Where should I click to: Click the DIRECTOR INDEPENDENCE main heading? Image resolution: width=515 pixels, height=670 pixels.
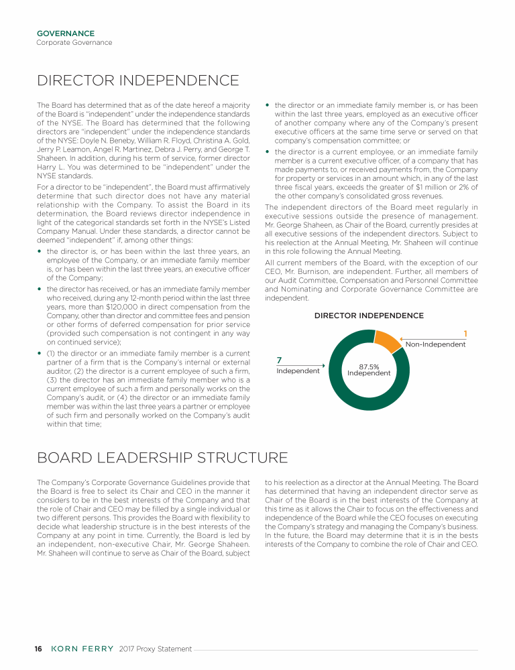coord(138,81)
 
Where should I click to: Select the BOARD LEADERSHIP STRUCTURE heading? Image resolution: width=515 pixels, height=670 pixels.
coord(162,458)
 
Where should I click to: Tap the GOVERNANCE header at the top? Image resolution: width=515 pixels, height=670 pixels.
coord(65,33)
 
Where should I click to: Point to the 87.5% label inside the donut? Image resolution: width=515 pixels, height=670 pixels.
coord(369,366)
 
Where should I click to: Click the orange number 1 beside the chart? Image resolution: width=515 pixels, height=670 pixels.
coord(465,334)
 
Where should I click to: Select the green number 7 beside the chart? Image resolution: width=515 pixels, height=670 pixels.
coord(279,361)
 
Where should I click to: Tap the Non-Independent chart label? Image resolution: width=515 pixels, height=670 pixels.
coord(436,344)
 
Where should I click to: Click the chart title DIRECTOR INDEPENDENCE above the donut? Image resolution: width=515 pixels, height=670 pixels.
coord(369,316)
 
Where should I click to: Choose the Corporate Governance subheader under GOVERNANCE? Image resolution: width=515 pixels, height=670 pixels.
coord(74,42)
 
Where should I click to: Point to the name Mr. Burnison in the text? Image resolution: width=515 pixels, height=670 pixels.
coord(311,271)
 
